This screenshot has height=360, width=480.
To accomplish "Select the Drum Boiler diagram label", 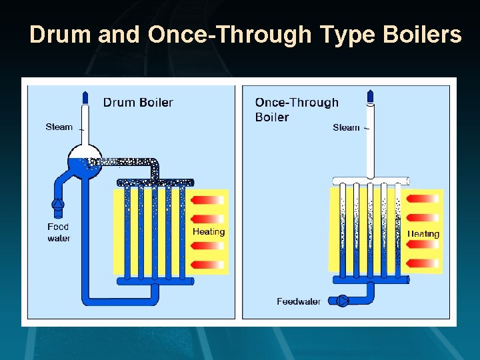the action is [138, 102].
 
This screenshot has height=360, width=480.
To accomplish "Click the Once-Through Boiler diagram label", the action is [297, 109].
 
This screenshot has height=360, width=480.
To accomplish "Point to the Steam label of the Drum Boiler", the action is [59, 127].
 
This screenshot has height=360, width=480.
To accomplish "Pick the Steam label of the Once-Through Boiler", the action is [346, 127].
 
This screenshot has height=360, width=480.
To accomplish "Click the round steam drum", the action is [85, 161].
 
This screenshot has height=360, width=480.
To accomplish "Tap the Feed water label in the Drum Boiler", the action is [59, 232].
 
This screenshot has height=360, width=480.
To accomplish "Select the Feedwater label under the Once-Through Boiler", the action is [299, 301].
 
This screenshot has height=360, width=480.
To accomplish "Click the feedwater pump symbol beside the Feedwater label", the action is [343, 301].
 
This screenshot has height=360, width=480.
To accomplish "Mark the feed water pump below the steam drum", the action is [58, 207].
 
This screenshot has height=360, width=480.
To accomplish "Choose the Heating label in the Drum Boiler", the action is [209, 231].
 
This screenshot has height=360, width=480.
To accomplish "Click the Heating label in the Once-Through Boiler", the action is [423, 233].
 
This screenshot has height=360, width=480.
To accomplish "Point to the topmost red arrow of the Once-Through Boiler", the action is [423, 199].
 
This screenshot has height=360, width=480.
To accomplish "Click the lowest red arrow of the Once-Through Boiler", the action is [423, 263].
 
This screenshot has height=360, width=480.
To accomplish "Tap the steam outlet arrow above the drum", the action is [85, 97].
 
